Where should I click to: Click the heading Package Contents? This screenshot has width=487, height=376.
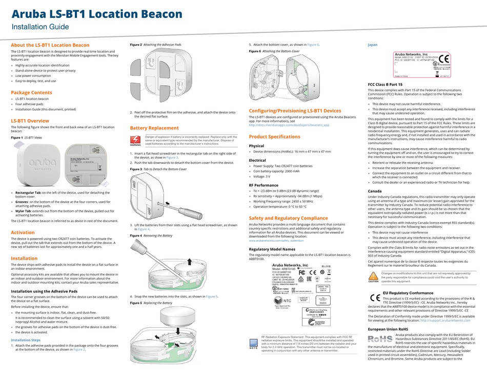click(31, 92)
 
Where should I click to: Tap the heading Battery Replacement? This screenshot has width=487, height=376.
click(154, 128)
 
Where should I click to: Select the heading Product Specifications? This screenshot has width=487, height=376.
click(274, 136)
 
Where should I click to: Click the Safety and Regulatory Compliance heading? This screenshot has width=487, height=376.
click(288, 218)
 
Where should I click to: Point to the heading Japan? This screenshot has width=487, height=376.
click(373, 45)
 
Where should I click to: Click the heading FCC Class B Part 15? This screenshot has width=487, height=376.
click(389, 84)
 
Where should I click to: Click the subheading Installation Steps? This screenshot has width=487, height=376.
click(26, 340)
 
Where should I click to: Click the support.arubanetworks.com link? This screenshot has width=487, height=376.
click(449, 321)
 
